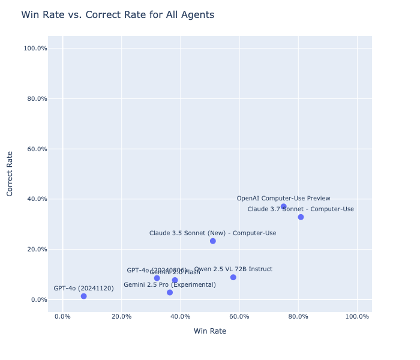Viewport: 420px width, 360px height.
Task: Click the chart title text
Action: [x=118, y=15]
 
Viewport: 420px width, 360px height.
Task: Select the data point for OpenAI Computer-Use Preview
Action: [x=284, y=206]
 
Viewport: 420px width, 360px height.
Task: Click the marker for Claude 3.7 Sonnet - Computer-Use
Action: [x=301, y=217]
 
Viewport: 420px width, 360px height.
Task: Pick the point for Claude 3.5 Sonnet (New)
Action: [x=213, y=241]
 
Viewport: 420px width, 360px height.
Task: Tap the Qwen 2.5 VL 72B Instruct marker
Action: [x=233, y=277]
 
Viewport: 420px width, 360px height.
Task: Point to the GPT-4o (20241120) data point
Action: [x=83, y=296]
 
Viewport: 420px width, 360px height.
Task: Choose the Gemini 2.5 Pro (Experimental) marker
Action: [x=170, y=293]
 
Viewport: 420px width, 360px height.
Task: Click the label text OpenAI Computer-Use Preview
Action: [x=283, y=199]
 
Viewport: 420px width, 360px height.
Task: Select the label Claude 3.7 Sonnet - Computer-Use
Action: [x=301, y=209]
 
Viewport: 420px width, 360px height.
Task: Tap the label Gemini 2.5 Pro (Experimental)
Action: [x=170, y=285]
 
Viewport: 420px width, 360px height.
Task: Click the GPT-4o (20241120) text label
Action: [x=83, y=289]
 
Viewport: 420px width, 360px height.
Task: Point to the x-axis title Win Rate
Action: [x=210, y=331]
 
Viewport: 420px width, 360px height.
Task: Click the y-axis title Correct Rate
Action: [x=10, y=173]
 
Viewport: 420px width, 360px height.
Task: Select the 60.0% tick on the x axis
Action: [x=239, y=317]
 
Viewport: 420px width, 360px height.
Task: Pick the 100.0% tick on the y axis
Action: [x=33, y=48]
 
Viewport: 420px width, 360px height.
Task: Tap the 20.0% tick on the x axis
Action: [x=121, y=317]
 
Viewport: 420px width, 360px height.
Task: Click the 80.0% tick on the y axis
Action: [x=35, y=98]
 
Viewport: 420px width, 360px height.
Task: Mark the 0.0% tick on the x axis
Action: [x=62, y=317]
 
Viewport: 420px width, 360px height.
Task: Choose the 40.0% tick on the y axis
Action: [x=35, y=199]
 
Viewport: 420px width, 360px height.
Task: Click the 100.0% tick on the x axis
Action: [x=357, y=317]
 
